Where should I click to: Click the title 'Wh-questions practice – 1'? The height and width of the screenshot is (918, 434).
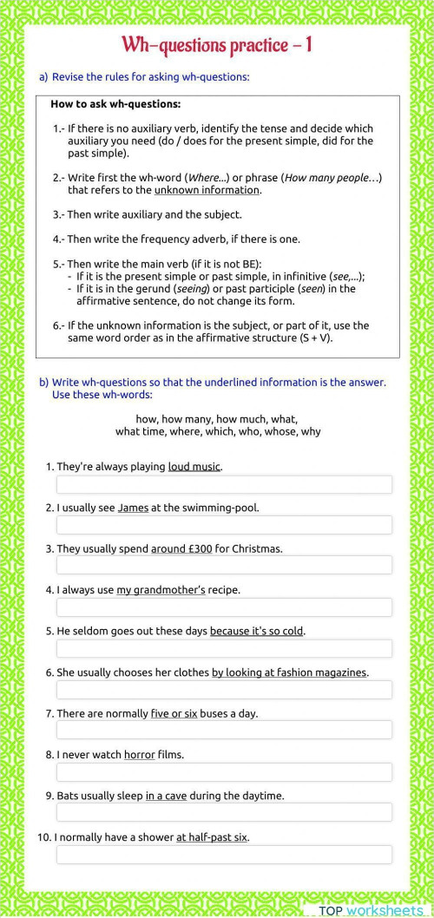tap(217, 45)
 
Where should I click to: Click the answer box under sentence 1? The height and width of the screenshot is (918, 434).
tap(224, 484)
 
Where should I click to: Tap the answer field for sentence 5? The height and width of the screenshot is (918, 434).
tap(224, 649)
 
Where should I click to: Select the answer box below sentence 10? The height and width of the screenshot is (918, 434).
tap(224, 855)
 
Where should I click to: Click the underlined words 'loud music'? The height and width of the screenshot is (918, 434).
tap(194, 467)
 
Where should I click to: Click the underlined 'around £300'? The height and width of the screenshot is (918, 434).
tap(181, 549)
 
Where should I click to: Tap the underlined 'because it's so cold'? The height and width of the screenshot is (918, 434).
tap(256, 631)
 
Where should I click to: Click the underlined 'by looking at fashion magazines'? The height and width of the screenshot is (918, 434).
tap(289, 672)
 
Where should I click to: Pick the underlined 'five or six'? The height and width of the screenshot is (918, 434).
tap(174, 713)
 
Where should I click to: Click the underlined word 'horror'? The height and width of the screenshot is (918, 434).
tap(139, 755)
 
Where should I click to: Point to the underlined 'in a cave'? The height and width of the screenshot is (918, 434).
tap(166, 796)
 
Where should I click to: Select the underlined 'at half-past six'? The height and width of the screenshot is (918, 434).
tap(212, 837)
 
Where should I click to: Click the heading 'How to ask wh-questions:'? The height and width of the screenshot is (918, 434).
tap(115, 104)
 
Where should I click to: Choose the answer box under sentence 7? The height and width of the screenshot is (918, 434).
tap(224, 731)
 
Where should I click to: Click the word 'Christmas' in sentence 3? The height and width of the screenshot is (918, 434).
tap(259, 549)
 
